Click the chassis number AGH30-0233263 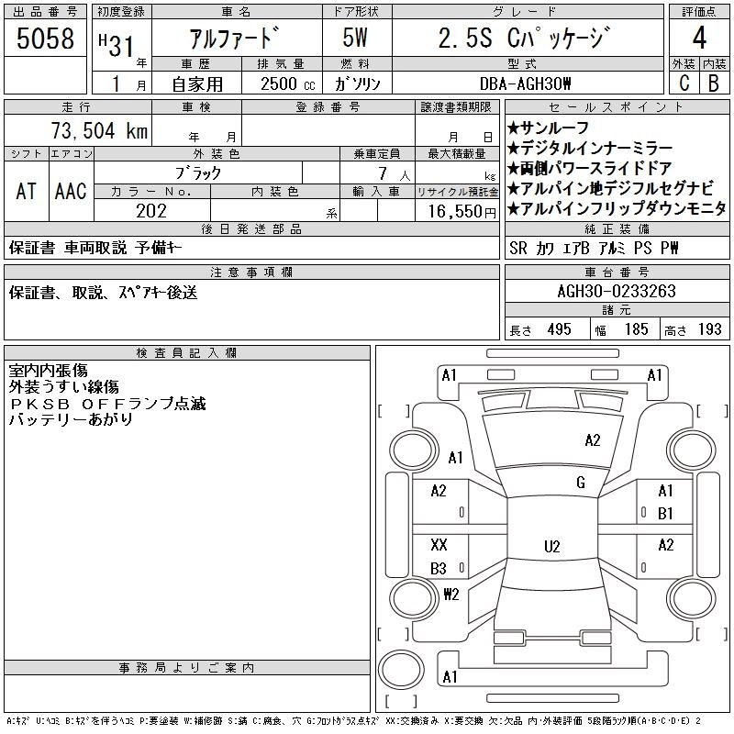click(x=617, y=292)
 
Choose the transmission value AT click(x=26, y=191)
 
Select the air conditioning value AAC click(x=71, y=191)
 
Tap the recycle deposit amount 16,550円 click(x=456, y=211)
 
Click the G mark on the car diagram click(x=581, y=483)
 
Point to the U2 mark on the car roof click(x=551, y=547)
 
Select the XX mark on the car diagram click(x=439, y=544)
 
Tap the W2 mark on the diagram click(x=450, y=594)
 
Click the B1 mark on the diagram click(x=665, y=512)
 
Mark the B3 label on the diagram click(x=439, y=569)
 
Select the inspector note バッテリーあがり click(x=71, y=419)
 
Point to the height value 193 click(x=710, y=329)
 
